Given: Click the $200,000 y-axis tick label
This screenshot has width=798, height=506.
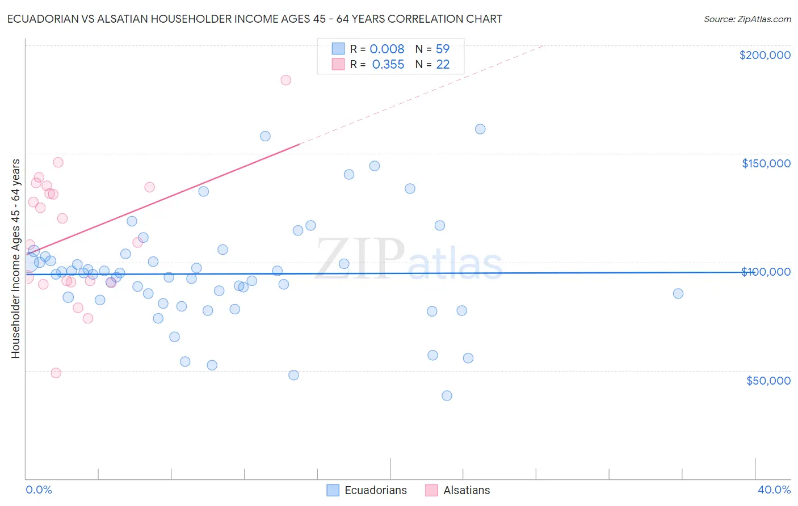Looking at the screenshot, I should [765, 55].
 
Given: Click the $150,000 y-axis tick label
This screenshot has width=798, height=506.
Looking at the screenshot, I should [766, 163].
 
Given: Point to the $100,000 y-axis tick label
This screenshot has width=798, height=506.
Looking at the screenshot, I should [766, 272].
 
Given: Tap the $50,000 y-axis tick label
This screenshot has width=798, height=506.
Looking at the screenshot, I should [768, 380].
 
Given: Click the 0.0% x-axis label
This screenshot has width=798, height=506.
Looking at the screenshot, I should [39, 490].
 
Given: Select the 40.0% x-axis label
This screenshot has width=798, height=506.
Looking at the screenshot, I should [774, 490].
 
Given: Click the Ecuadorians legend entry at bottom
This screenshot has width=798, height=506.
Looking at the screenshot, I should [375, 490].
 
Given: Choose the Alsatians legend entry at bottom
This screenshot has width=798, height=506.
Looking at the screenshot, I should [466, 490].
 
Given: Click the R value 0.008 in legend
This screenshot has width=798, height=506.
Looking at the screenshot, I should [387, 49].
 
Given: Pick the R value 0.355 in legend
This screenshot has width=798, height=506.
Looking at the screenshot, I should [388, 65].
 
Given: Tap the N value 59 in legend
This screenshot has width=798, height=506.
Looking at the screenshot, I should [443, 49].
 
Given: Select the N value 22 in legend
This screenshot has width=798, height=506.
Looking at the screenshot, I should [443, 65].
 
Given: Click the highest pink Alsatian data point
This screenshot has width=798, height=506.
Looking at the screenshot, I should [285, 80].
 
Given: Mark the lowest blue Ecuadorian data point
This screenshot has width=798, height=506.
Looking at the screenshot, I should [447, 395].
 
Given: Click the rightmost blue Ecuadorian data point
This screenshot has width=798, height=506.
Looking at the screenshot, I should [678, 293].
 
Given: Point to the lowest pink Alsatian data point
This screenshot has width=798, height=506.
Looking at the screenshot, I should [56, 373].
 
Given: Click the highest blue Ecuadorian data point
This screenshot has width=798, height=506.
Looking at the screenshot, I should [480, 129].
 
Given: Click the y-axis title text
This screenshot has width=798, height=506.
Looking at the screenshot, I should [15, 259].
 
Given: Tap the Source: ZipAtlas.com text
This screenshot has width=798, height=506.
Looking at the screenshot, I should [747, 19].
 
